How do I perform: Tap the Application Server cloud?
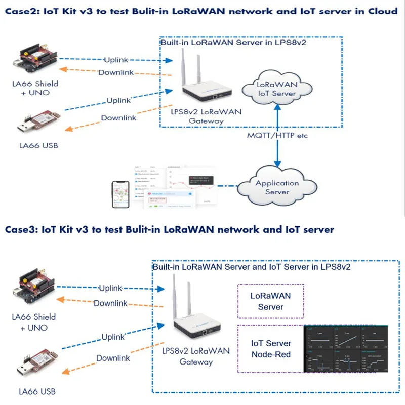click(x=277, y=187)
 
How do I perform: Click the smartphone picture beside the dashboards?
click(x=121, y=194)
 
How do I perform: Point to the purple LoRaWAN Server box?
click(x=271, y=300)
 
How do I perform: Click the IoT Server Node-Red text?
click(x=271, y=349)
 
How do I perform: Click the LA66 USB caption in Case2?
click(x=37, y=146)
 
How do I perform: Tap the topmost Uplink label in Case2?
click(x=118, y=60)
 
